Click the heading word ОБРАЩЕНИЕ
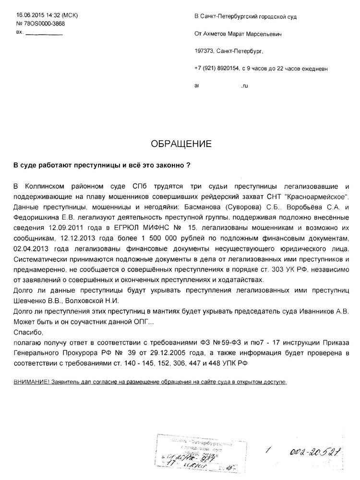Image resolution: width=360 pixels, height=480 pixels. [x=180, y=143]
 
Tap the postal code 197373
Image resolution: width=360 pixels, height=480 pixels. [x=204, y=51]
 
